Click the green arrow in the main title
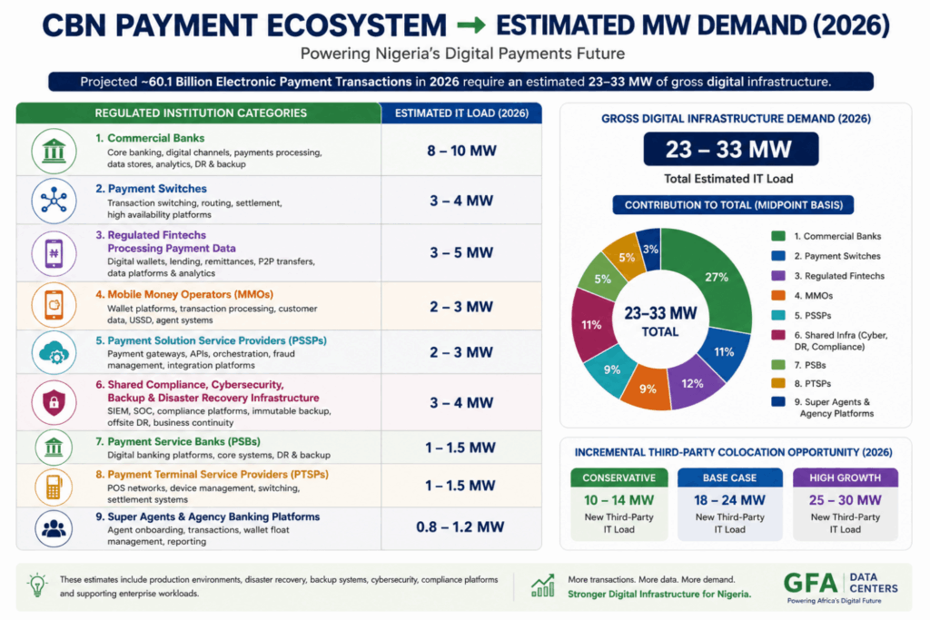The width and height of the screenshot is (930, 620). click(x=471, y=25)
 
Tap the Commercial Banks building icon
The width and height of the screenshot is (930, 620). click(x=54, y=152)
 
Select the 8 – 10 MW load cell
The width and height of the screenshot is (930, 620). click(x=461, y=151)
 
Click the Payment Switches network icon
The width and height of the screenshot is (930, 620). click(x=54, y=201)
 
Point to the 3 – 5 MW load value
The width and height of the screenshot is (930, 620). click(x=461, y=252)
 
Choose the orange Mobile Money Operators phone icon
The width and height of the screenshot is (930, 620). click(x=54, y=305)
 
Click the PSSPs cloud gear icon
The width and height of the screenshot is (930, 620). click(x=54, y=353)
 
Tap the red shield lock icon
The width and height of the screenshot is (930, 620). click(x=54, y=403)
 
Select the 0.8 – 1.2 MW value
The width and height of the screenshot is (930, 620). click(x=460, y=527)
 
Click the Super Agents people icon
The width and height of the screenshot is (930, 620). click(x=54, y=528)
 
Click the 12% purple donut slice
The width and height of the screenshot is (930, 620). click(x=694, y=385)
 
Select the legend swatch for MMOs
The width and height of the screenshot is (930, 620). click(x=778, y=295)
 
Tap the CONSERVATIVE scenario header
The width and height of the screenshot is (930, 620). click(x=619, y=477)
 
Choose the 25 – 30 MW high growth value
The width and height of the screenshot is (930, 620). click(x=846, y=500)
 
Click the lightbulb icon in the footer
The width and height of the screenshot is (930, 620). click(x=37, y=585)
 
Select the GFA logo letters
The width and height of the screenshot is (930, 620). click(x=810, y=584)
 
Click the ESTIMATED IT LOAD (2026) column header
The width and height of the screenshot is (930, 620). click(x=461, y=113)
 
